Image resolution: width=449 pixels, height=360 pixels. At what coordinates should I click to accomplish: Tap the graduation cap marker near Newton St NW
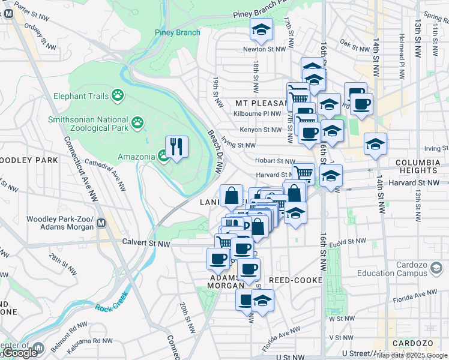point(262,29)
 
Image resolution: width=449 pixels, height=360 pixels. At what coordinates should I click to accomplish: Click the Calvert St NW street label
point(145,244)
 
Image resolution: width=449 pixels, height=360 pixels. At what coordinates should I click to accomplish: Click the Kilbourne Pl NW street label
point(259,113)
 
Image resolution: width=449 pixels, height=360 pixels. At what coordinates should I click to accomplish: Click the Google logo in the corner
point(20,353)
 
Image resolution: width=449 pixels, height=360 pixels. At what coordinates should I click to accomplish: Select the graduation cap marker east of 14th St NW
point(375,145)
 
